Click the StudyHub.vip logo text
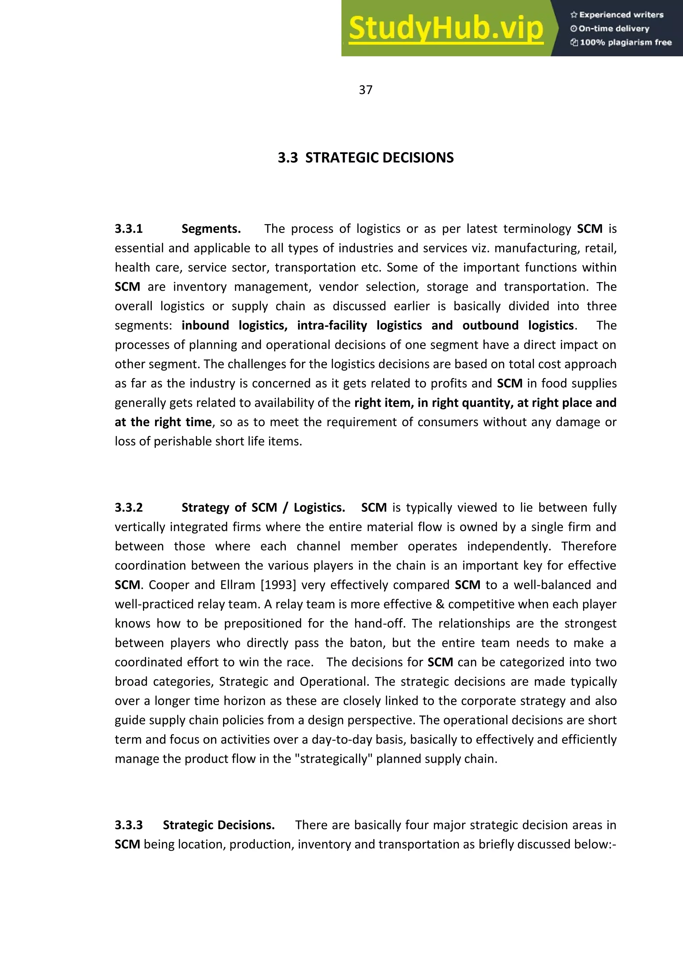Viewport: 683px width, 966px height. click(x=446, y=29)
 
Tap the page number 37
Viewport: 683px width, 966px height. click(x=365, y=90)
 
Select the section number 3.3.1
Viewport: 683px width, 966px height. click(x=129, y=229)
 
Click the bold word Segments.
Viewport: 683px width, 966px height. click(x=211, y=229)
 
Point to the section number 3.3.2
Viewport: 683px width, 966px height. click(x=129, y=508)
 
